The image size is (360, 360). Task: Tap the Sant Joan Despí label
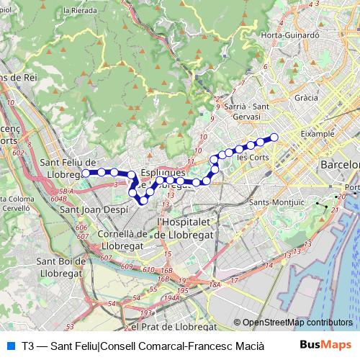pos(89,210)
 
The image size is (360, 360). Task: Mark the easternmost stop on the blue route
pos(274,137)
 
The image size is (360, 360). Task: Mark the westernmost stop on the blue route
pos(86,173)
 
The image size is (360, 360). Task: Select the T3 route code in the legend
pos(28,346)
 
